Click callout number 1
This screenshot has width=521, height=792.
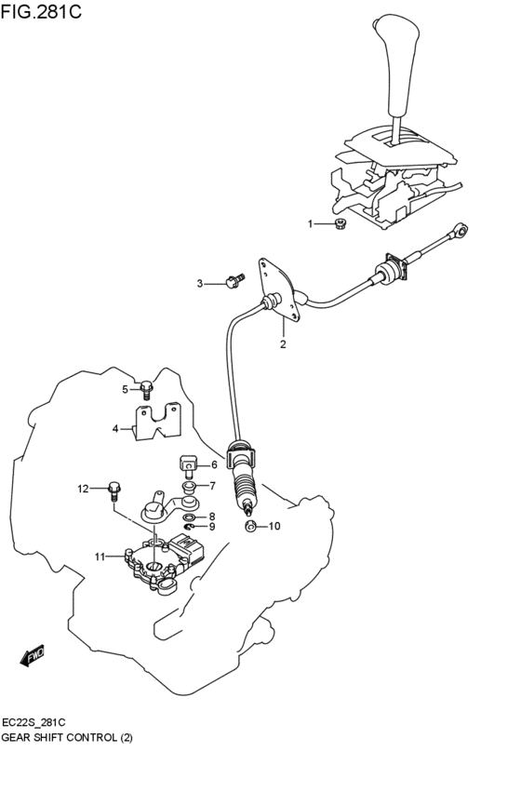(311, 224)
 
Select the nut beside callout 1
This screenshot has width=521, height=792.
(341, 223)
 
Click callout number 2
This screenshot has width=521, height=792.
(283, 344)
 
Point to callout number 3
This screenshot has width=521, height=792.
(199, 283)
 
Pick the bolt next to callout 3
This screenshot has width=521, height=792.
(233, 278)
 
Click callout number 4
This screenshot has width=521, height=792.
(116, 429)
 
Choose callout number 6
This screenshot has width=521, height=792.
(213, 465)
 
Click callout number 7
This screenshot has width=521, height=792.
(212, 486)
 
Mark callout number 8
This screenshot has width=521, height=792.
(212, 517)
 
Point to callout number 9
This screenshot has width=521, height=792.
(212, 527)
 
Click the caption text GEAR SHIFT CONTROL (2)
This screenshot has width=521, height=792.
(73, 737)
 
